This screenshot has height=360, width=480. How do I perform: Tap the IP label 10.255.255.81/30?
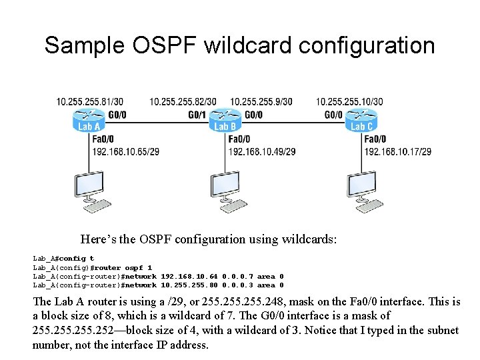pyautogui.click(x=89, y=101)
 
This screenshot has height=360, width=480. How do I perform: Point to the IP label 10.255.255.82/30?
pyautogui.click(x=183, y=101)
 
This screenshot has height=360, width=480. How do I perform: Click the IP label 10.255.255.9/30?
pyautogui.click(x=261, y=101)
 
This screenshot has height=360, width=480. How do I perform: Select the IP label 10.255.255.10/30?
pyautogui.click(x=349, y=101)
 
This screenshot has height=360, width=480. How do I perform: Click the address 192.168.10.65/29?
pyautogui.click(x=126, y=151)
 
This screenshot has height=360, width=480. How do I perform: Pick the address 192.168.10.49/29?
pyautogui.click(x=262, y=151)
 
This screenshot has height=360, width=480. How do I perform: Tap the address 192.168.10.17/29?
pyautogui.click(x=397, y=151)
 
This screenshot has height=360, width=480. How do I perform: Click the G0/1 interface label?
pyautogui.click(x=197, y=115)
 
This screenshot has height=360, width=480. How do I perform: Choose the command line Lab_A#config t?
pyautogui.click(x=63, y=258)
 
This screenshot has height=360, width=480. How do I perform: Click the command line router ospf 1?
pyautogui.click(x=93, y=267)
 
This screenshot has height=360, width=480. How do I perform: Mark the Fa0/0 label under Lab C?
pyautogui.click(x=375, y=139)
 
